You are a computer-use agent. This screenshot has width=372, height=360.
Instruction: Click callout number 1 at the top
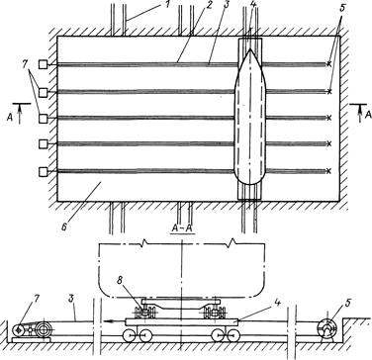pos(168,6)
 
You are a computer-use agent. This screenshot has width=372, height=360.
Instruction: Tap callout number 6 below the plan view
pos(64,226)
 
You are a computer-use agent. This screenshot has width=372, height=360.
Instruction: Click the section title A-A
pos(182,228)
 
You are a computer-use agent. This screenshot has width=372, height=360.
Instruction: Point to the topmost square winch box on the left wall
pos(43,64)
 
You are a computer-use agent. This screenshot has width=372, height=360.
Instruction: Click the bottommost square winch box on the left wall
pos(43,172)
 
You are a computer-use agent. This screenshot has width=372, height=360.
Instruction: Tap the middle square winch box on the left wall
pos(43,118)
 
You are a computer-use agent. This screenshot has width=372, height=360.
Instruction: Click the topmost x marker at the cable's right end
pos(328,64)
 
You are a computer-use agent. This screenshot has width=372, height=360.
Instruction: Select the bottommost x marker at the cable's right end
pos(328,171)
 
